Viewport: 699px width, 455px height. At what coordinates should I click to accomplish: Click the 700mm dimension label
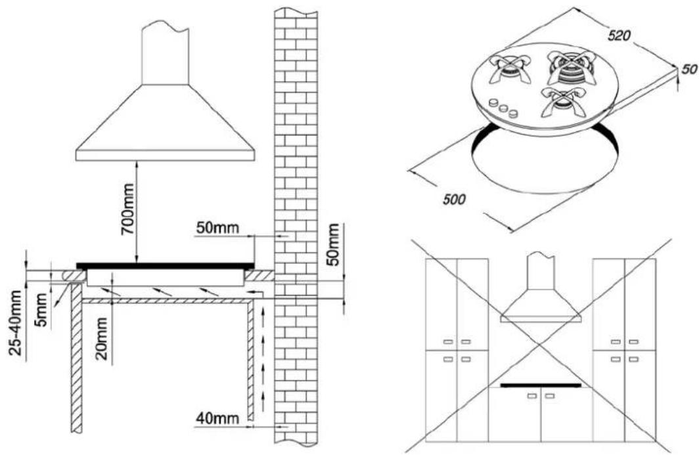128,209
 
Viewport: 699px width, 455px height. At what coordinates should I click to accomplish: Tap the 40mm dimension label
217,418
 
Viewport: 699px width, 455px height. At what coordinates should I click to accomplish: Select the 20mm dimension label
102,338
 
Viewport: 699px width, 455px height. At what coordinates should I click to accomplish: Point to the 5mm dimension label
41,309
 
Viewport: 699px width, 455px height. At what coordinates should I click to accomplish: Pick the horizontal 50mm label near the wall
217,228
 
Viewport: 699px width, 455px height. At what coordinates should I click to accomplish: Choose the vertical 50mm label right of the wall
332,244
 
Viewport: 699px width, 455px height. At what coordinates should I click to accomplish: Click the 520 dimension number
620,35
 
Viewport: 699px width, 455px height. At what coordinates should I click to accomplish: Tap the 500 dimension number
454,199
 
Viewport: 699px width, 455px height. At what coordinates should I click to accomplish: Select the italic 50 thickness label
689,70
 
